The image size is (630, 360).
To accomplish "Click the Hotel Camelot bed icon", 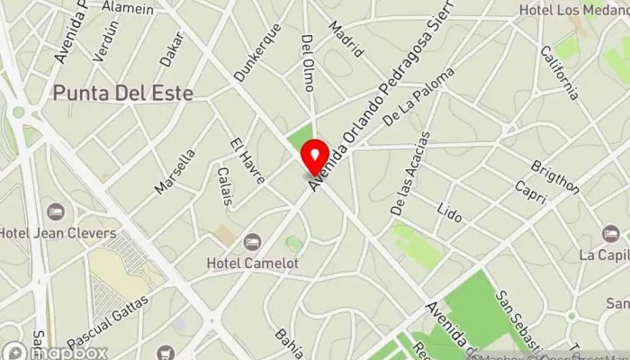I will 252,242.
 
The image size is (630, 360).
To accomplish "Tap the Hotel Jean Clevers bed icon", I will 56,212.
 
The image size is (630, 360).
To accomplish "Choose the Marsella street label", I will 175,171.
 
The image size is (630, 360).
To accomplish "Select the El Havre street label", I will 247,162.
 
